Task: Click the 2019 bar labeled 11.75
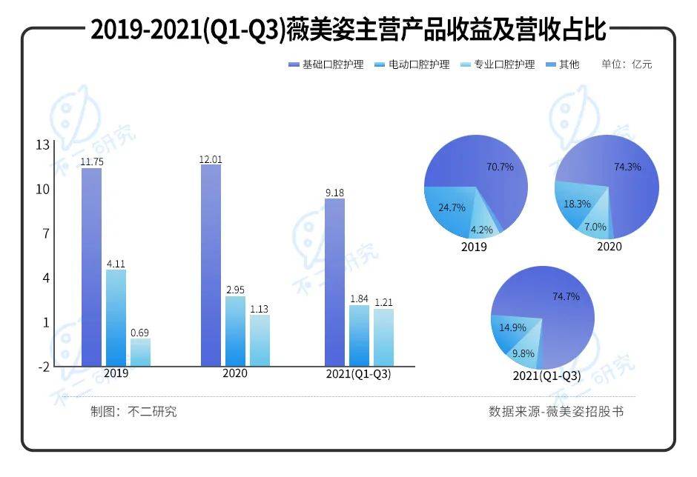(x=92, y=267)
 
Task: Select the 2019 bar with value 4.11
(x=116, y=317)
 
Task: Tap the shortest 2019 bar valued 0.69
(x=140, y=352)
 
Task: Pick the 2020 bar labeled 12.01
(x=211, y=264)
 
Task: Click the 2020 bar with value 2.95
(x=235, y=330)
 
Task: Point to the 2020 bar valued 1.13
(x=260, y=340)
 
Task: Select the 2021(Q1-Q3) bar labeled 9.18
(x=335, y=281)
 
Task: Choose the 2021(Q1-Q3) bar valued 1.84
(x=359, y=335)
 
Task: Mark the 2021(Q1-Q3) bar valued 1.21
(x=383, y=337)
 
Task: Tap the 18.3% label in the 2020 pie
(x=577, y=204)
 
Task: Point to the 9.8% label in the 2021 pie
(x=523, y=353)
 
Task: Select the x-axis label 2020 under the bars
(x=235, y=373)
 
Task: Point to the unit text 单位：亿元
(x=627, y=64)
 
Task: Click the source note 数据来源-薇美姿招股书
(x=556, y=411)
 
